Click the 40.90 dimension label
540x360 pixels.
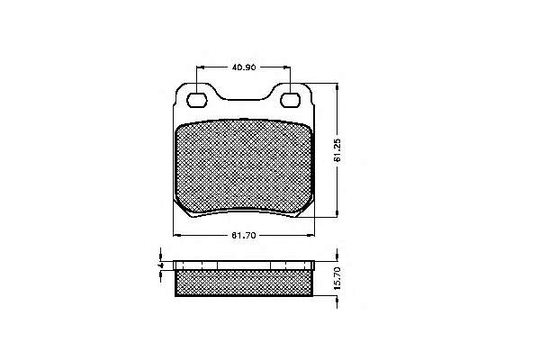coord(244,67)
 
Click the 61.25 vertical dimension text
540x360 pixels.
coord(337,150)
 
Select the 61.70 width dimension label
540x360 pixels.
coord(244,236)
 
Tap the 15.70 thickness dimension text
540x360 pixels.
coord(337,278)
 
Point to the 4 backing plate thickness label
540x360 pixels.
coord(160,265)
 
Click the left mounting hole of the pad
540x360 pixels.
coord(196,100)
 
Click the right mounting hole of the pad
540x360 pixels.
coord(290,100)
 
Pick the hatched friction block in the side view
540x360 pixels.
coord(244,283)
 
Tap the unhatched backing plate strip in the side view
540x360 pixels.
coord(244,265)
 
